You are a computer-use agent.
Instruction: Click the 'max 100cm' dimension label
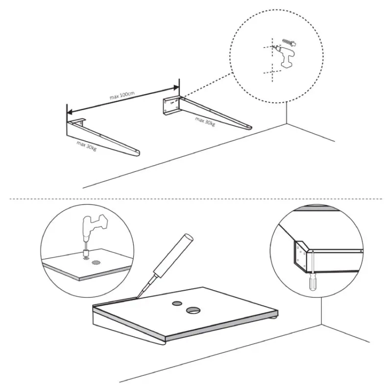coord(122,95)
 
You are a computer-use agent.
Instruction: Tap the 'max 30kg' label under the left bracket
coord(87,146)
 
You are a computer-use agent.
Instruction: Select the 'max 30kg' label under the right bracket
coord(205,122)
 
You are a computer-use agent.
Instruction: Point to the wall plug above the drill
coord(290,43)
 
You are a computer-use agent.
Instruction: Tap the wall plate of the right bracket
coord(171,106)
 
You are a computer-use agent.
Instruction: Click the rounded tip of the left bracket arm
coord(137,153)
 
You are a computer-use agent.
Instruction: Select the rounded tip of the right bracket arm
coord(249,126)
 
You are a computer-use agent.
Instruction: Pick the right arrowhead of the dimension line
coord(176,88)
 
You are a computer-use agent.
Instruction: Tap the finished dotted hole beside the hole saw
coord(96,262)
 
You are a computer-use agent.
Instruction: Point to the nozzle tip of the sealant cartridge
coord(137,297)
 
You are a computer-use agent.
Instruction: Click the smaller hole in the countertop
coord(177,303)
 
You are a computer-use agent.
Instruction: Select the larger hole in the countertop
coord(193,310)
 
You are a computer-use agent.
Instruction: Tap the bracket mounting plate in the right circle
coord(301,255)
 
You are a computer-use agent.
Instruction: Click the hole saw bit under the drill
coord(87,254)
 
